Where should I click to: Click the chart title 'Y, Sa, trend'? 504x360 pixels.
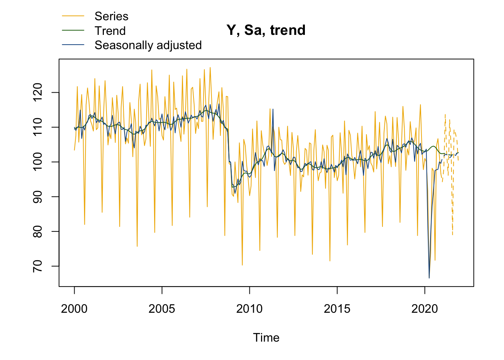[x=266, y=30]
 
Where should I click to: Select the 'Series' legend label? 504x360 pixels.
[x=111, y=16]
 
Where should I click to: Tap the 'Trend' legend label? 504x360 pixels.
[x=110, y=31]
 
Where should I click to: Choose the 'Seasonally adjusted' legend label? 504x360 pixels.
[x=148, y=45]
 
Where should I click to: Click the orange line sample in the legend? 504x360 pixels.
[x=73, y=16]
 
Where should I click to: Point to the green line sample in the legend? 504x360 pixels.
[x=73, y=31]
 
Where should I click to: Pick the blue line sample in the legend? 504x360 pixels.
[x=73, y=45]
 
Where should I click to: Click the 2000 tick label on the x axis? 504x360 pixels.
[x=74, y=309]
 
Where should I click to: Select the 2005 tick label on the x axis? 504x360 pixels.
[x=162, y=309]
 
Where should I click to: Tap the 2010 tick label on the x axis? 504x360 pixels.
[x=249, y=309]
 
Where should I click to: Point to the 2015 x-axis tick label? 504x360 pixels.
[x=337, y=309]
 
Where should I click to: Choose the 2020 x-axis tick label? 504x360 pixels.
[x=424, y=309]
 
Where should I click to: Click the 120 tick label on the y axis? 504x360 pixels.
[x=38, y=93]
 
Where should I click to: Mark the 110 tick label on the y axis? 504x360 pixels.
[x=38, y=127]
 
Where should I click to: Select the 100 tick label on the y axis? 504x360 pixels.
[x=38, y=162]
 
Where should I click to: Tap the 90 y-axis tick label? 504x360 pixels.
[x=38, y=197]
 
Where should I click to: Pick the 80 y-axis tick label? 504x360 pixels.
[x=38, y=231]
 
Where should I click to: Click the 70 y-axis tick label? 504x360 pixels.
[x=38, y=266]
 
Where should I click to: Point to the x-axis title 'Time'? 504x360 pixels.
[x=266, y=337]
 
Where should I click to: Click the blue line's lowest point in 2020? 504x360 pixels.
[x=429, y=278]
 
